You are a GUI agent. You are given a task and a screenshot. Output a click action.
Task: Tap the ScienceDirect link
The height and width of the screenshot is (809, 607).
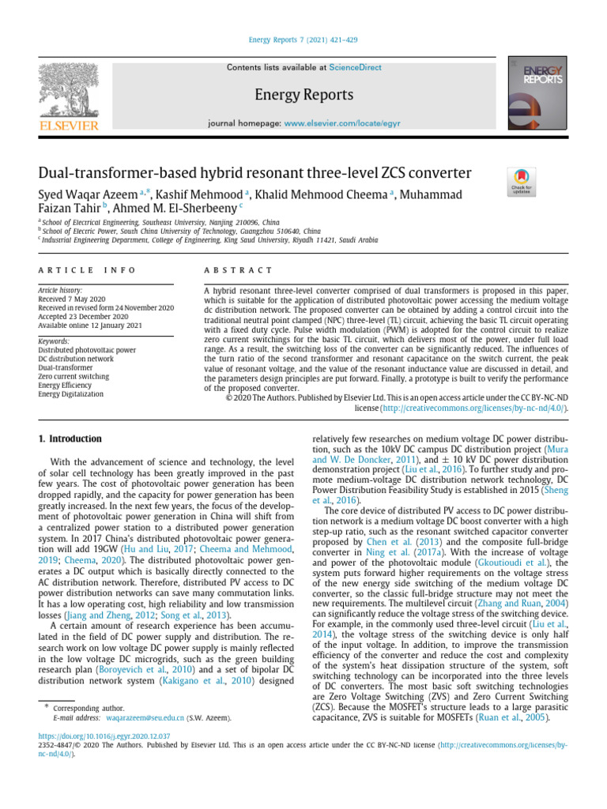(x=354, y=68)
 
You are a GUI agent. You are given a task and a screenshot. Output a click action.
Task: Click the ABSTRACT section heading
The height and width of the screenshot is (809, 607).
(x=237, y=270)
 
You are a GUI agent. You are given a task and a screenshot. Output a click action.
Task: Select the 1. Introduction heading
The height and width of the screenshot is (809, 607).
(x=70, y=438)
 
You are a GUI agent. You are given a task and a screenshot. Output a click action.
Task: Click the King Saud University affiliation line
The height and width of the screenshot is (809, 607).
(x=209, y=239)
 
